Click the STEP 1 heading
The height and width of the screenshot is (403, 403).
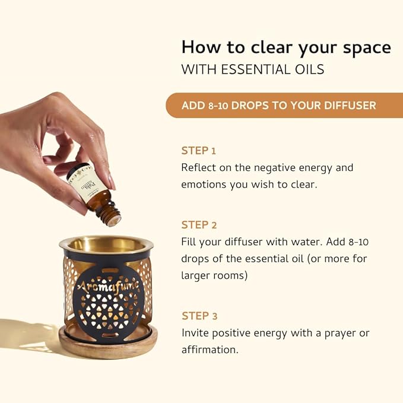pyautogui.click(x=199, y=150)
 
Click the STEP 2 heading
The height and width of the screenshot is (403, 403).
pyautogui.click(x=199, y=224)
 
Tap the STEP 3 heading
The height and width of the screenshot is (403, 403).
pyautogui.click(x=199, y=315)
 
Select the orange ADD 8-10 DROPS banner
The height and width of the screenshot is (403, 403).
pyautogui.click(x=280, y=105)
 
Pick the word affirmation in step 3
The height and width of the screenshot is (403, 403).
pyautogui.click(x=210, y=350)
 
